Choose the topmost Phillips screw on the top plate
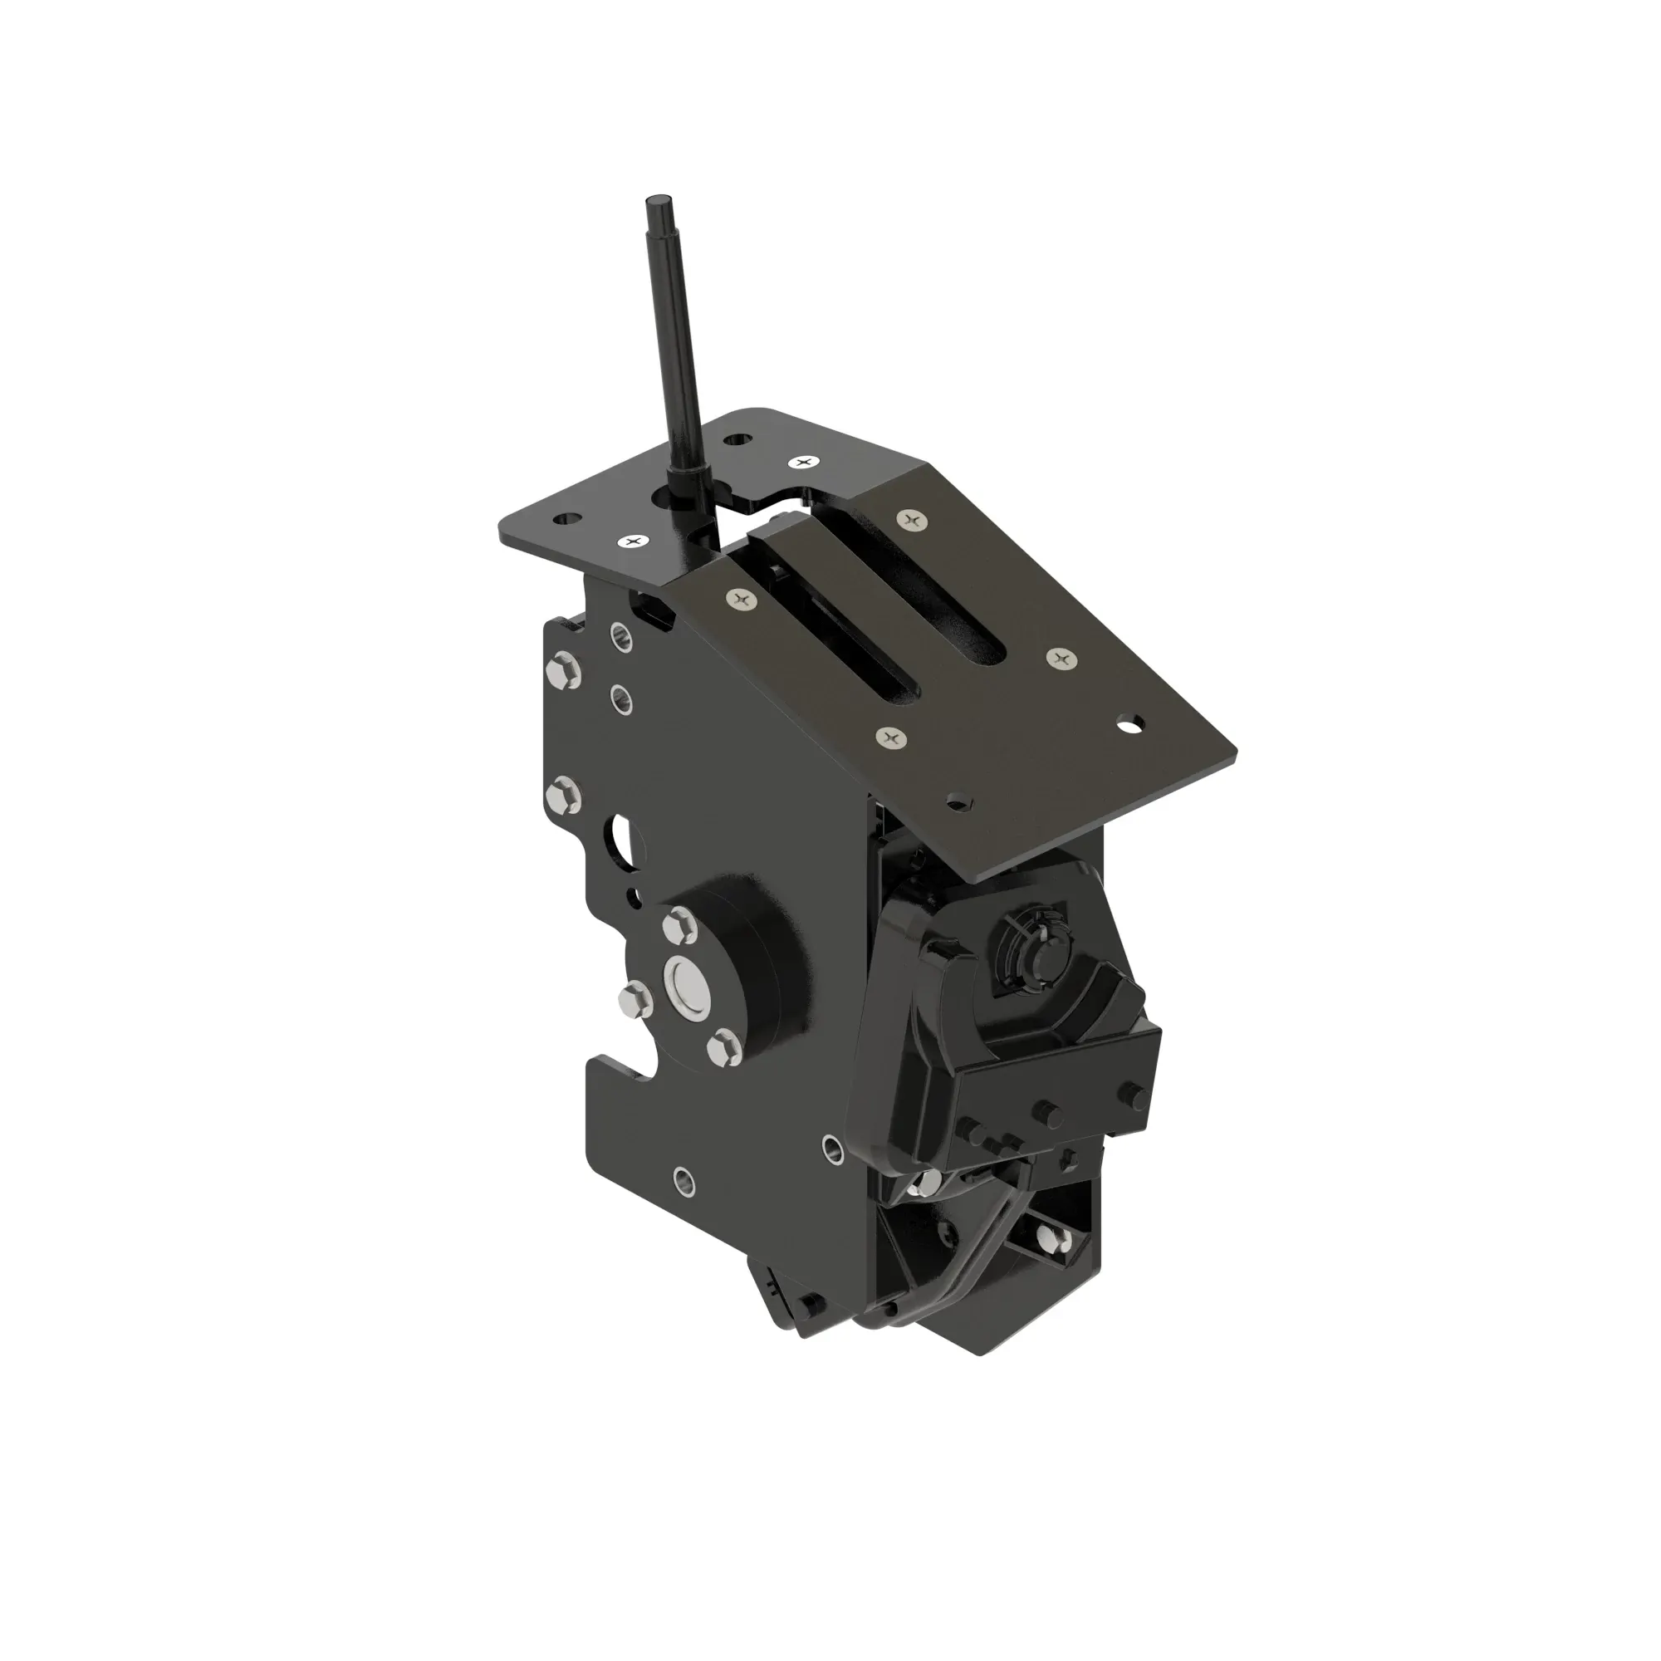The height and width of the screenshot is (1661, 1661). [804, 463]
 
